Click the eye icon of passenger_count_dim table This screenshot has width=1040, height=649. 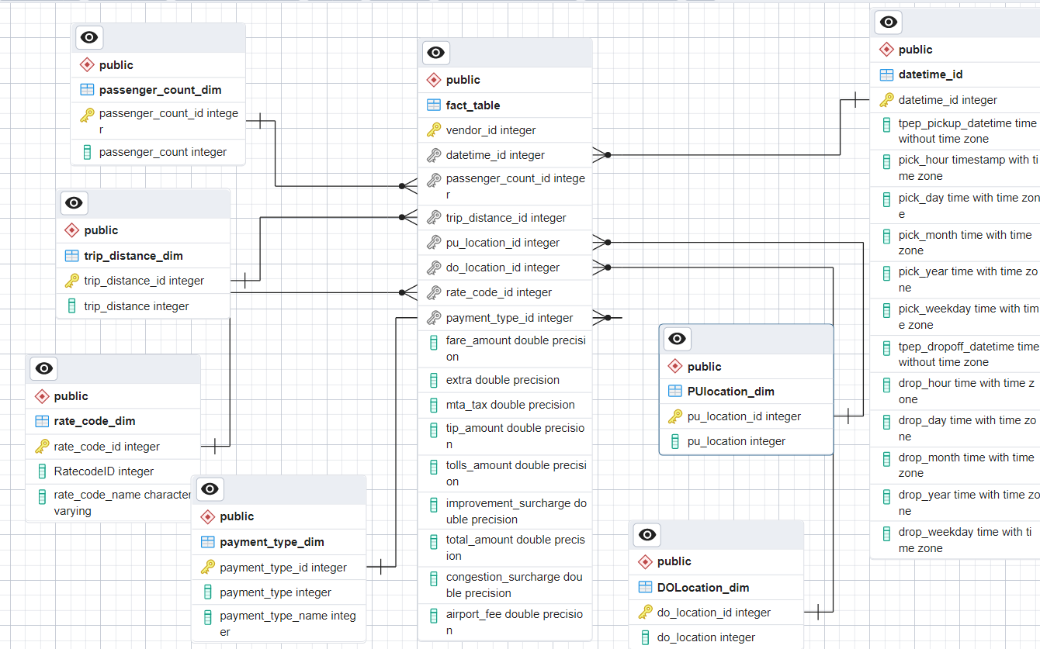click(90, 37)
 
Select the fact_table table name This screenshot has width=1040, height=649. click(473, 105)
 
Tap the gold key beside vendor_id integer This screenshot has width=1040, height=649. click(434, 130)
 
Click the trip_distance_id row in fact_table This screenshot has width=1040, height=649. click(506, 218)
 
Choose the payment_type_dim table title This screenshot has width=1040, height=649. click(272, 542)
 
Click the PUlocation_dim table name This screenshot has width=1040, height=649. click(730, 392)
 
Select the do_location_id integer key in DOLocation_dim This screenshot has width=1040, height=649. click(713, 613)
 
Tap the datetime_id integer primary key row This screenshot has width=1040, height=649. click(948, 100)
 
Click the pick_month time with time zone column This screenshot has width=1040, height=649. click(965, 243)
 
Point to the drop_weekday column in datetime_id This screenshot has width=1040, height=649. click(965, 540)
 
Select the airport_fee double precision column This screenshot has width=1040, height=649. click(514, 622)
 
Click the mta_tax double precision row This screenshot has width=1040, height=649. click(510, 405)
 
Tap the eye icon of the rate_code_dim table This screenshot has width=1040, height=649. click(44, 368)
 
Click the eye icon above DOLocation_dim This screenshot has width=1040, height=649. click(647, 534)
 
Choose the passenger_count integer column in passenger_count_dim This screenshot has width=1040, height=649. click(162, 152)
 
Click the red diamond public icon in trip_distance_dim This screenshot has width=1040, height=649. click(72, 230)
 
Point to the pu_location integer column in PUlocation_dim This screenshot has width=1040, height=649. click(736, 441)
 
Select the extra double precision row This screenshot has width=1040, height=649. click(502, 380)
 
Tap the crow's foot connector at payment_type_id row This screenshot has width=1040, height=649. click(603, 317)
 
